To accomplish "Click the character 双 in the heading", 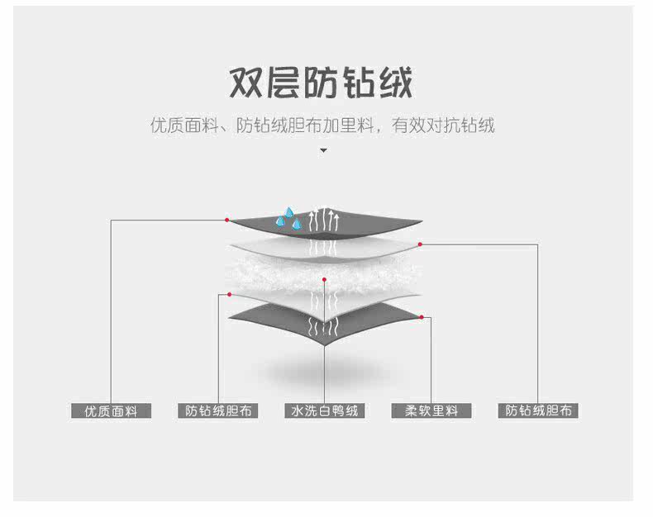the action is pyautogui.click(x=247, y=83).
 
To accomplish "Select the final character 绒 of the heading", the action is pyautogui.click(x=394, y=83).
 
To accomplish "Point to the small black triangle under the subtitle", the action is pyautogui.click(x=323, y=151).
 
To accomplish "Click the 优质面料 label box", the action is pyautogui.click(x=111, y=410).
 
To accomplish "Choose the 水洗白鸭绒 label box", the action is pyautogui.click(x=325, y=410).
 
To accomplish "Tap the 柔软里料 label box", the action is pyautogui.click(x=431, y=410).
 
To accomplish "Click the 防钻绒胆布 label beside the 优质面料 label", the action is pyautogui.click(x=218, y=410).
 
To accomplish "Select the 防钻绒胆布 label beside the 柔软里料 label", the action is pyautogui.click(x=538, y=410).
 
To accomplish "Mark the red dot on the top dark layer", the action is pyautogui.click(x=226, y=220).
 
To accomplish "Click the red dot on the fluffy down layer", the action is pyautogui.click(x=325, y=280).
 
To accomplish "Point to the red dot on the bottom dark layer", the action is pyautogui.click(x=421, y=317).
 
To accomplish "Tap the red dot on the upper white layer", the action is pyautogui.click(x=420, y=244).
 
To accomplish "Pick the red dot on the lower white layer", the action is pyautogui.click(x=229, y=294).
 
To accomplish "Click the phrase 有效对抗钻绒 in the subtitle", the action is pyautogui.click(x=443, y=126).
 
